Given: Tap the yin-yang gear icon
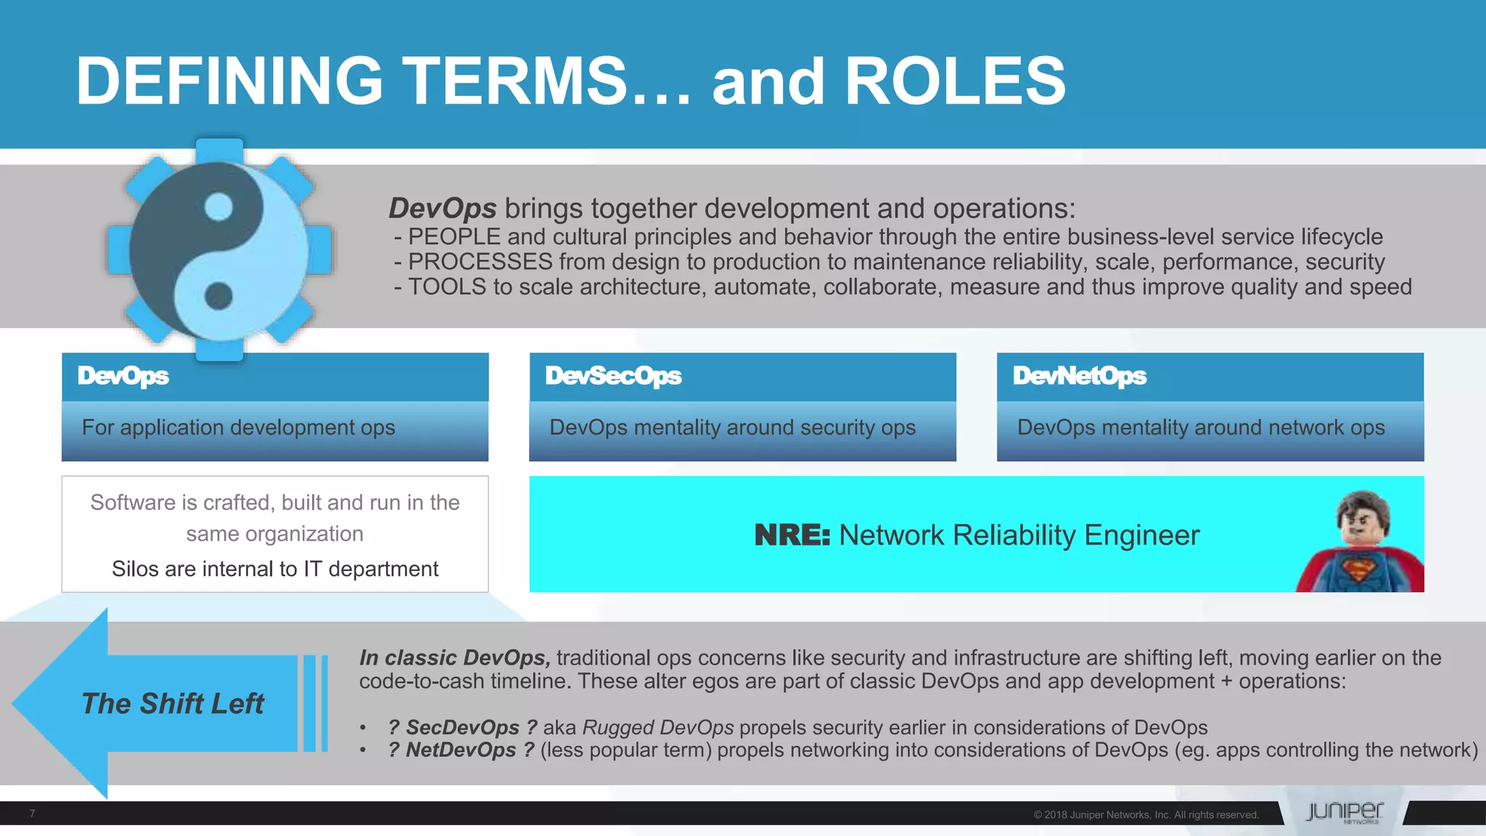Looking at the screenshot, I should point(219,249).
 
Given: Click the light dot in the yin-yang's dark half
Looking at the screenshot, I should point(218,208).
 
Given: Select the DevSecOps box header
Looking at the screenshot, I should point(742,377).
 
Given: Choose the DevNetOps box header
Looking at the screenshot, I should point(1210,377).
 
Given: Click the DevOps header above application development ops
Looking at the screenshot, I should point(274,377).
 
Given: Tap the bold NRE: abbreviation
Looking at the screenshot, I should point(792,536).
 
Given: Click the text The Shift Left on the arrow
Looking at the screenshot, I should point(173,703).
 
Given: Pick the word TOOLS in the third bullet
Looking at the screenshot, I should point(446,287).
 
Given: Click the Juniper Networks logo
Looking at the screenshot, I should point(1344,812).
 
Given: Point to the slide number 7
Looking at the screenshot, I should point(33,814).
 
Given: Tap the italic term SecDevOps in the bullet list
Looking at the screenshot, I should point(462,727).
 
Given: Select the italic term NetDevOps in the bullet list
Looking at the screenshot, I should point(461,750).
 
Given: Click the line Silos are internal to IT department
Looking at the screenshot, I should point(275,569).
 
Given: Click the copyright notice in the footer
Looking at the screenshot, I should point(1146,815).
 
